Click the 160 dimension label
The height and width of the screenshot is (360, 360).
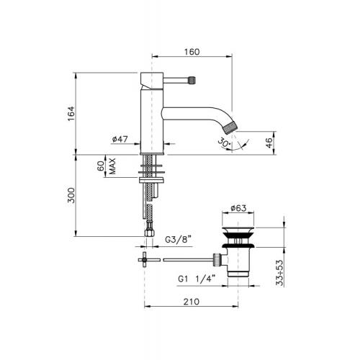(192, 52)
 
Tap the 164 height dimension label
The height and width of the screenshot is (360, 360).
(71, 114)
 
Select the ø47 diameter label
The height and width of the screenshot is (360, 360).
(120, 139)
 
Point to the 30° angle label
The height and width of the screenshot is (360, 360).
(224, 143)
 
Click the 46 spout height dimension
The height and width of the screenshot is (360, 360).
(270, 143)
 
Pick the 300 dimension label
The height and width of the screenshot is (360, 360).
(71, 195)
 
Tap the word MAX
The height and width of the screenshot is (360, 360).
(112, 166)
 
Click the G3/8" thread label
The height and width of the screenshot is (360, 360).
(178, 240)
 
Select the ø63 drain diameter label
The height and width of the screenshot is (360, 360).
(238, 208)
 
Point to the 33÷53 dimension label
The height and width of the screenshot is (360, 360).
(279, 273)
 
